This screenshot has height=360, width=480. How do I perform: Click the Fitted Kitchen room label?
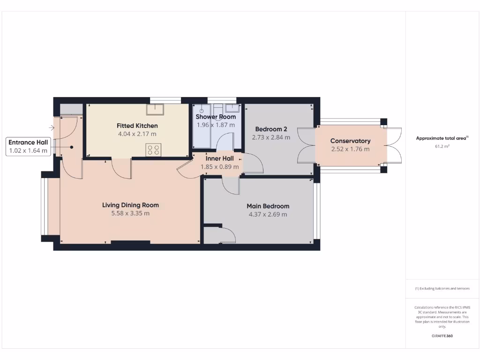click(137, 126)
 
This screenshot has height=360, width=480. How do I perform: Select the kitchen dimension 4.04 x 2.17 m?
click(137, 134)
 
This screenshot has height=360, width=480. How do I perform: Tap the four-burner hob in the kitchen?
click(153, 150)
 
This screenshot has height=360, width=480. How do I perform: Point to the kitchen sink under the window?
click(154, 109)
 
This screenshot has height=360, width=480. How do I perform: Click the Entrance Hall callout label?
click(28, 142)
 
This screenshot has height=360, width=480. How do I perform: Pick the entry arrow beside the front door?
click(51, 127)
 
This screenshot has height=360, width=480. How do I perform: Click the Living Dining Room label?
click(130, 205)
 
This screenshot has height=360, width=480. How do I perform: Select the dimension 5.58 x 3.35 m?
click(130, 213)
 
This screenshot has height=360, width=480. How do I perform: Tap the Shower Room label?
click(216, 117)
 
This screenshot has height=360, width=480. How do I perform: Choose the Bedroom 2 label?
click(271, 129)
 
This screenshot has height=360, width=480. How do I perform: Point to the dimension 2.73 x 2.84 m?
click(271, 137)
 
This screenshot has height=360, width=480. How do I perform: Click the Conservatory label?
click(350, 141)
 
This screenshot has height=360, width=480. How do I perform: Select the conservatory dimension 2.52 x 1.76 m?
click(350, 149)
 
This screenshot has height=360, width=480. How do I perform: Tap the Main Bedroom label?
click(268, 206)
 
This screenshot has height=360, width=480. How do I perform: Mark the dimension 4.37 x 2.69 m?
click(268, 214)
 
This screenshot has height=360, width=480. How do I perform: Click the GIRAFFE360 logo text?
click(442, 336)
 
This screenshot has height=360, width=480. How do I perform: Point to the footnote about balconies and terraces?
click(442, 289)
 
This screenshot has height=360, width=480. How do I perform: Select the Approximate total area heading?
click(442, 138)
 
